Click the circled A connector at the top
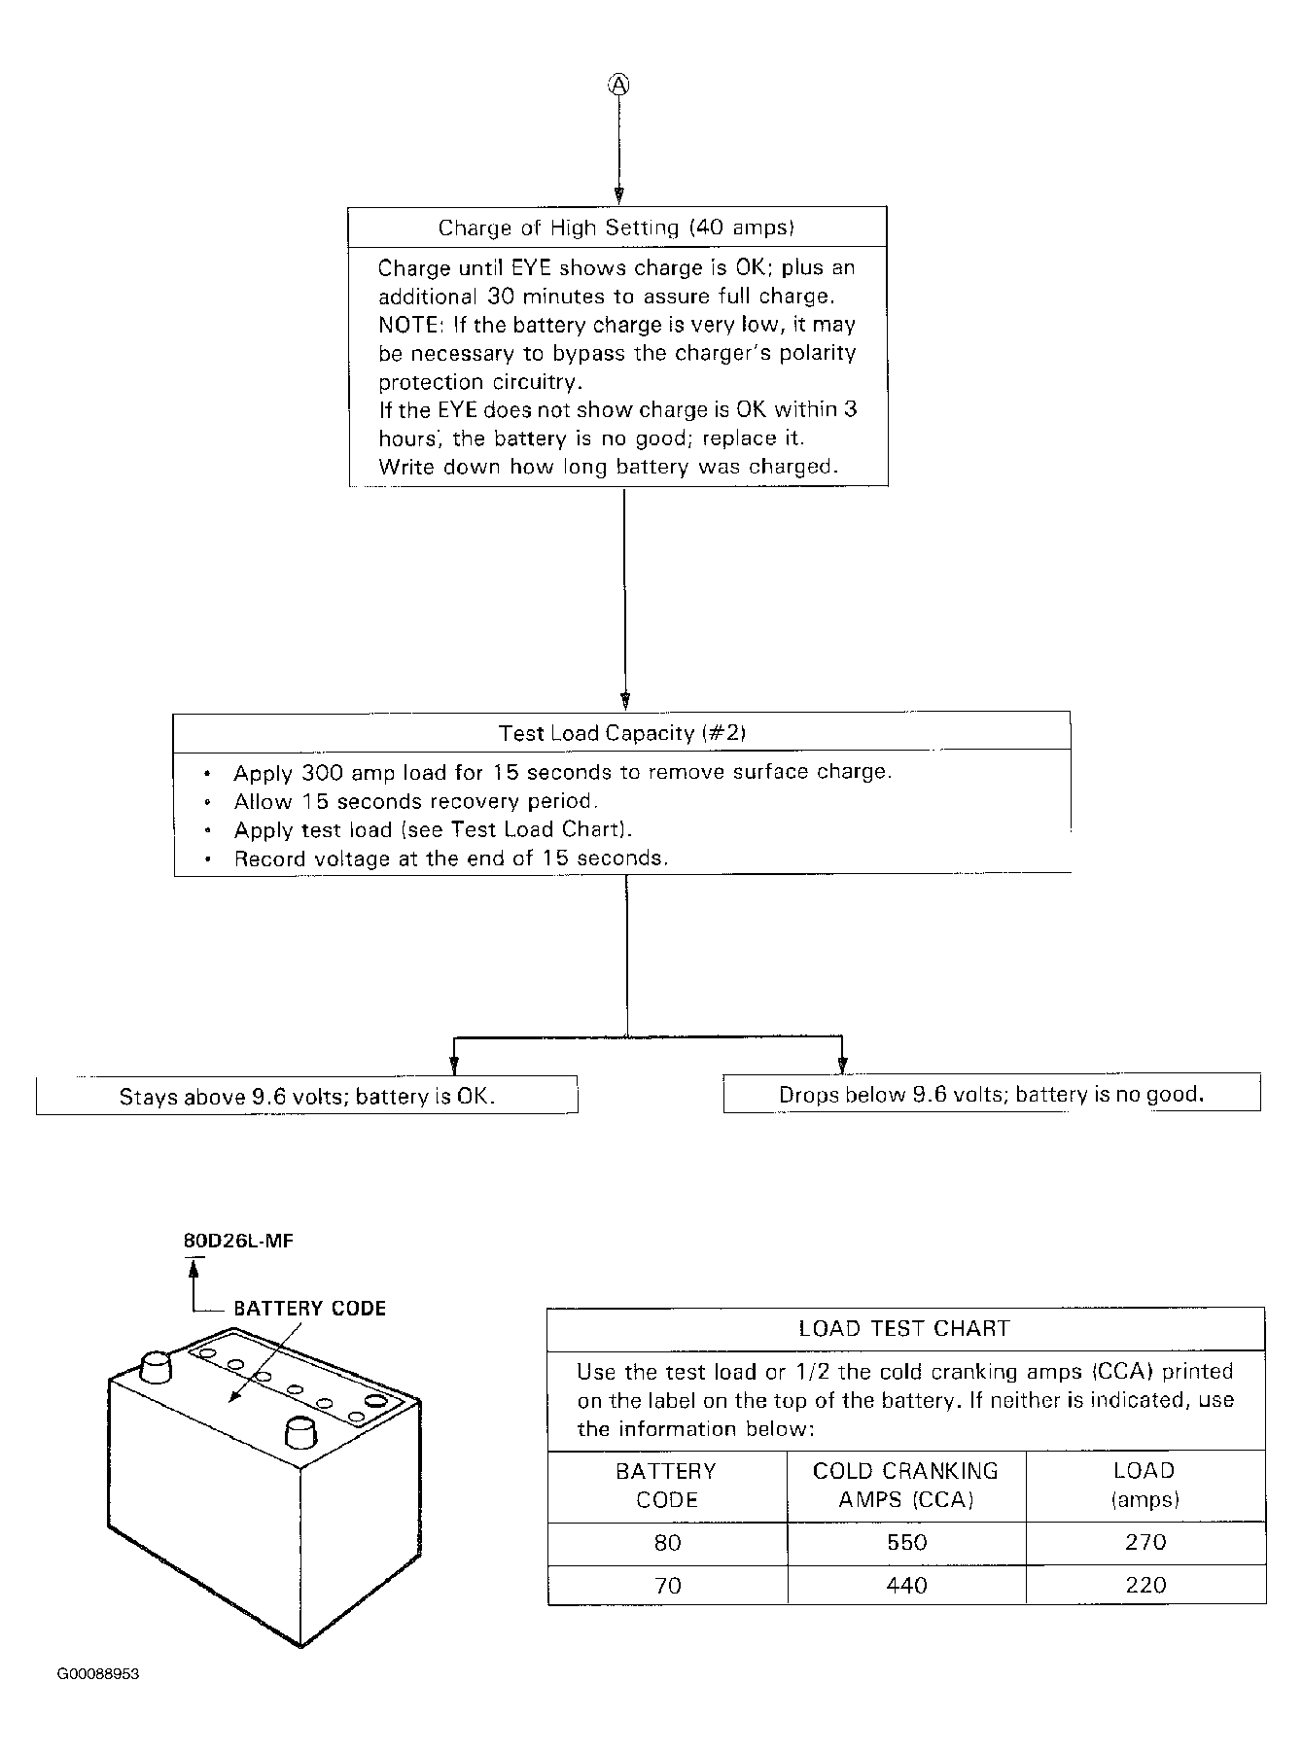tap(619, 85)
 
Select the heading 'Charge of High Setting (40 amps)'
tap(616, 228)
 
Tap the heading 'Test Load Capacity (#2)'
tap(621, 733)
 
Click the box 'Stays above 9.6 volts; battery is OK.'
tap(307, 1097)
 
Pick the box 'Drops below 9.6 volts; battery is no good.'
tap(991, 1095)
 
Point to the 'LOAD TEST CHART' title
tap(904, 1329)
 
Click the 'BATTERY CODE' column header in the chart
tap(666, 1486)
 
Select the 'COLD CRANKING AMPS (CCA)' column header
tap(905, 1486)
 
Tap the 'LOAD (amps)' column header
tap(1145, 1486)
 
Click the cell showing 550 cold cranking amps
tap(906, 1543)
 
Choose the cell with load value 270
tap(1145, 1543)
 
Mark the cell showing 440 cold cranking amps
tap(906, 1586)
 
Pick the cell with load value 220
tap(1145, 1586)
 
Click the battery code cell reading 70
tap(668, 1586)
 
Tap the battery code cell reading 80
tap(668, 1543)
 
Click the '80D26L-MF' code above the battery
tap(238, 1242)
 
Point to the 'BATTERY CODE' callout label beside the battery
tap(309, 1309)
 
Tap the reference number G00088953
tap(97, 1674)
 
